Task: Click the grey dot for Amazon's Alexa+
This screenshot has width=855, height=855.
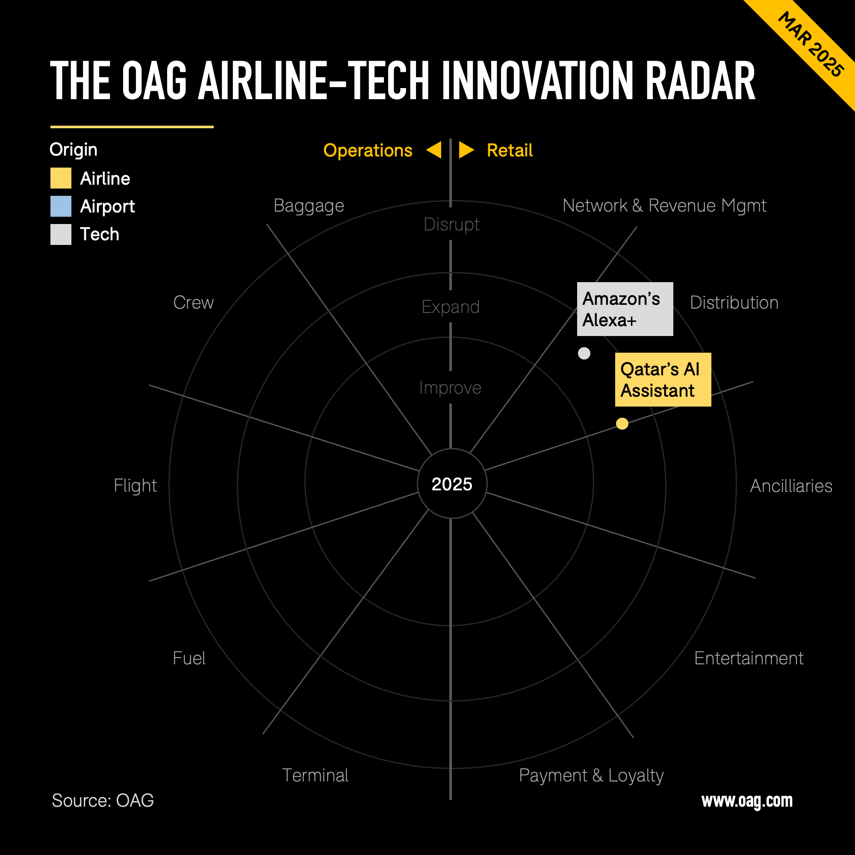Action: tap(584, 353)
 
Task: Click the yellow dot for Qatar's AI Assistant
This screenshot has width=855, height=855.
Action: tap(622, 424)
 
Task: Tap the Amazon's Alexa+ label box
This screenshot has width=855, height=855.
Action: tap(625, 309)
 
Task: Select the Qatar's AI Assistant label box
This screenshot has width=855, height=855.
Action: tap(663, 379)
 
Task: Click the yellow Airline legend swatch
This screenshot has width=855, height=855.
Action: tap(61, 178)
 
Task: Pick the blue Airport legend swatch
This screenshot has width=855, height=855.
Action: tap(61, 206)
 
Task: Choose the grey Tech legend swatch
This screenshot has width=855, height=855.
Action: tap(61, 234)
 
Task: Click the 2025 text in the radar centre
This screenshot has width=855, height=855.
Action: tap(452, 484)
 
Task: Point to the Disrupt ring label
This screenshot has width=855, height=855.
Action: tap(451, 224)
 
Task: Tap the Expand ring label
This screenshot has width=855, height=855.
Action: tap(451, 307)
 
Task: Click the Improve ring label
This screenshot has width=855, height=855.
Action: tap(450, 388)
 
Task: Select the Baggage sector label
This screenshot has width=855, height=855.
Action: tap(309, 206)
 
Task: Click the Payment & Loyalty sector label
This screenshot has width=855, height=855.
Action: tap(591, 775)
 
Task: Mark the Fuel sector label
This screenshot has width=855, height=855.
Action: tap(189, 658)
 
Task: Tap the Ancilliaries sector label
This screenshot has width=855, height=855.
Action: tap(791, 486)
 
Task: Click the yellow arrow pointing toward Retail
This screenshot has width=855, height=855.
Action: tap(466, 150)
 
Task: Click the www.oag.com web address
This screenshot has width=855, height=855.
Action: tap(747, 801)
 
